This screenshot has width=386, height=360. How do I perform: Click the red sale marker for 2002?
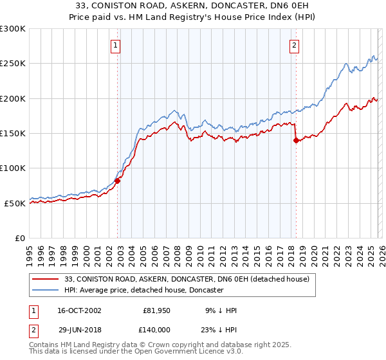coord(118,181)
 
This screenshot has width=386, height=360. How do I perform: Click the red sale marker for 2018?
coord(296,140)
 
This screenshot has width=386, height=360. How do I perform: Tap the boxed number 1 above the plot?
coord(115,45)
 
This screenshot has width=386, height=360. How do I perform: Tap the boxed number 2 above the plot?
coord(294,45)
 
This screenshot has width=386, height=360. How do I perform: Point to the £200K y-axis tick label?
coord(13,98)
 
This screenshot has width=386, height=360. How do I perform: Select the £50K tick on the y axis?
coord(15,203)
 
